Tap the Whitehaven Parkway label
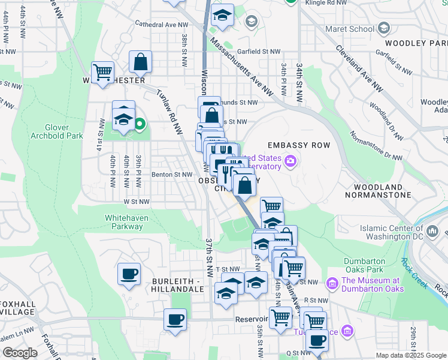[x=124, y=222]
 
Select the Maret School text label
[x=349, y=28]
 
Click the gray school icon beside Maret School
[x=384, y=28]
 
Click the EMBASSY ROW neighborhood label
[x=296, y=146]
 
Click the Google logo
[x=20, y=352]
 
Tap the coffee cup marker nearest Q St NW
[x=317, y=341]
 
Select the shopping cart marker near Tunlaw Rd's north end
[x=103, y=73]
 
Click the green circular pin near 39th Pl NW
[x=140, y=125]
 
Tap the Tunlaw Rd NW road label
[x=169, y=110]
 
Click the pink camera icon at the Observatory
[x=291, y=160]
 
